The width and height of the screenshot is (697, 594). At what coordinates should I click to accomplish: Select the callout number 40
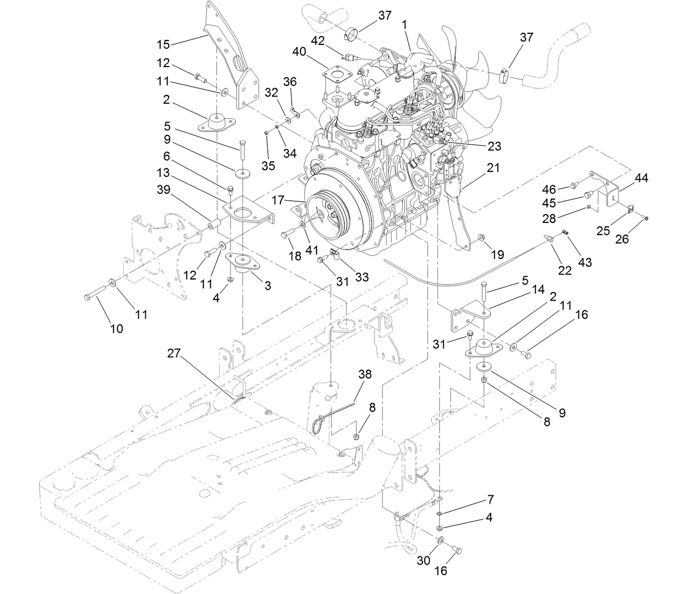click(x=299, y=52)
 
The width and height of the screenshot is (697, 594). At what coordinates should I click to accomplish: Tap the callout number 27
click(x=174, y=354)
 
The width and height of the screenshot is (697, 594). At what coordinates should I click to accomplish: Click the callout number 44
click(x=641, y=178)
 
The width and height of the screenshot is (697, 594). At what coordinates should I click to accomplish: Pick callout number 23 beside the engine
click(x=494, y=146)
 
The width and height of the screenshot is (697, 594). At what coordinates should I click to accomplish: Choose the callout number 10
click(x=116, y=328)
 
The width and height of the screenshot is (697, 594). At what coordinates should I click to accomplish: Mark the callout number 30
click(x=424, y=561)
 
